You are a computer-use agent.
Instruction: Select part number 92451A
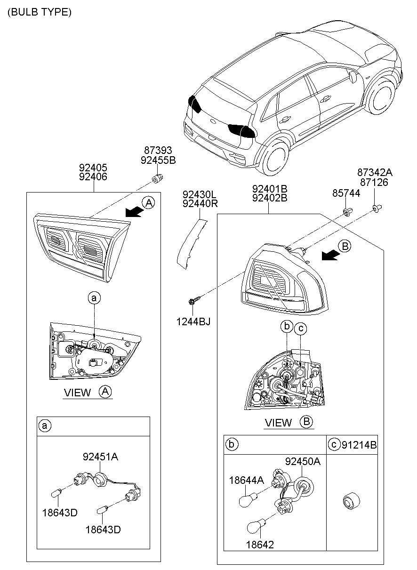pyautogui.click(x=101, y=456)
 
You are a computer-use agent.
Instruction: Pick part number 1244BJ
pyautogui.click(x=194, y=321)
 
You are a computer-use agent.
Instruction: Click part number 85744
pyautogui.click(x=346, y=193)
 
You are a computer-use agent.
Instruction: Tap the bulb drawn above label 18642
pyautogui.click(x=255, y=527)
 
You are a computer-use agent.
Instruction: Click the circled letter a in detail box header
pyautogui.click(x=44, y=426)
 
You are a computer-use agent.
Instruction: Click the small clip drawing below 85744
pyautogui.click(x=347, y=211)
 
